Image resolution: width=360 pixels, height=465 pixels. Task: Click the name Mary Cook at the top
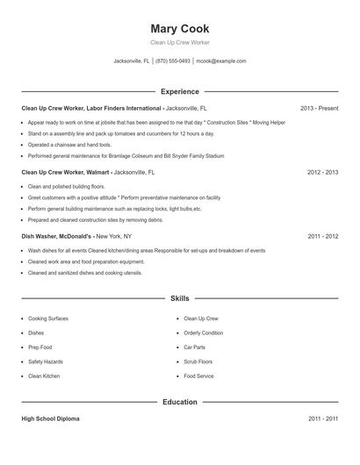pos(179,28)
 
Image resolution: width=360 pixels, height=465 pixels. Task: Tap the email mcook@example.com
pos(221,61)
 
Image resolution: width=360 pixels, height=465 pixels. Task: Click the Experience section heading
pos(179,91)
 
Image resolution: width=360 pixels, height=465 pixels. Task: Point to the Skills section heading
pos(179,298)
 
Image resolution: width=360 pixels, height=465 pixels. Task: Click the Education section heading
pos(179,402)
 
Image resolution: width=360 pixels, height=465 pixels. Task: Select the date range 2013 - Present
pos(319,108)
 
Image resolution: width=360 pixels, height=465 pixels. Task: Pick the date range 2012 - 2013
pos(322,173)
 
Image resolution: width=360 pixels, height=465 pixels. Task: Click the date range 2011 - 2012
pos(322,237)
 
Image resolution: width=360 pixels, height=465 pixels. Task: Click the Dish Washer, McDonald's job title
pos(56,237)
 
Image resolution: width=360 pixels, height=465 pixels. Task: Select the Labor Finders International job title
pos(91,108)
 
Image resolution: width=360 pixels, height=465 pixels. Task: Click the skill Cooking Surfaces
pos(47,318)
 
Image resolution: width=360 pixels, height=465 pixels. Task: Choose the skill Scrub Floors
pos(198,361)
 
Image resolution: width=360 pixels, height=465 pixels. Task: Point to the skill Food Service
pos(198,376)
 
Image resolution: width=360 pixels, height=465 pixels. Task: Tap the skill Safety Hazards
pos(45,361)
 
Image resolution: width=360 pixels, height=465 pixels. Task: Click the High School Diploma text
pos(50,419)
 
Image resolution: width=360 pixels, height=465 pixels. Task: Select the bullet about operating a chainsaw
pos(69,144)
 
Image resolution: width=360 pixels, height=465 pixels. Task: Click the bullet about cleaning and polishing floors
pos(66,187)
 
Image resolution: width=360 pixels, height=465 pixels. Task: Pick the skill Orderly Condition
pos(203,333)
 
